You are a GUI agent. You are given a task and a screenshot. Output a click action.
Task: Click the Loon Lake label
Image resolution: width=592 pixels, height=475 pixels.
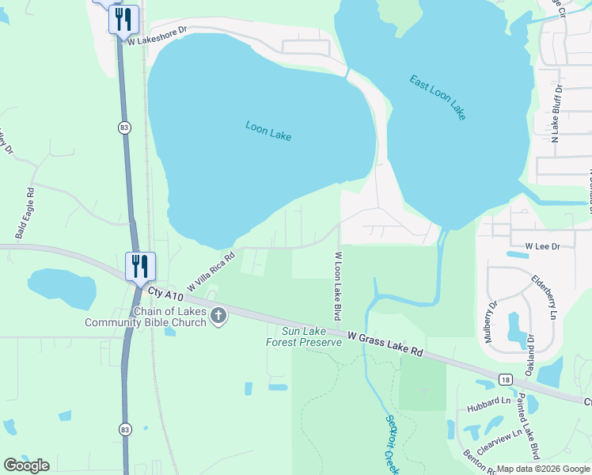(x=268, y=131)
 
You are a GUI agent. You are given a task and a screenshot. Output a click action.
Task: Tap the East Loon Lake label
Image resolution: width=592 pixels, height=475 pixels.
(x=438, y=97)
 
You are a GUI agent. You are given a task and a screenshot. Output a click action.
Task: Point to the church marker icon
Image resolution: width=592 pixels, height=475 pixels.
(x=218, y=316)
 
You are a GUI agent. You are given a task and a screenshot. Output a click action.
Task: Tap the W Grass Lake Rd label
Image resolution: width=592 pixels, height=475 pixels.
(x=385, y=344)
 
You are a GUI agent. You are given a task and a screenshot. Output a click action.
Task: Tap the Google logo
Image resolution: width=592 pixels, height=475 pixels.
(x=26, y=465)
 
